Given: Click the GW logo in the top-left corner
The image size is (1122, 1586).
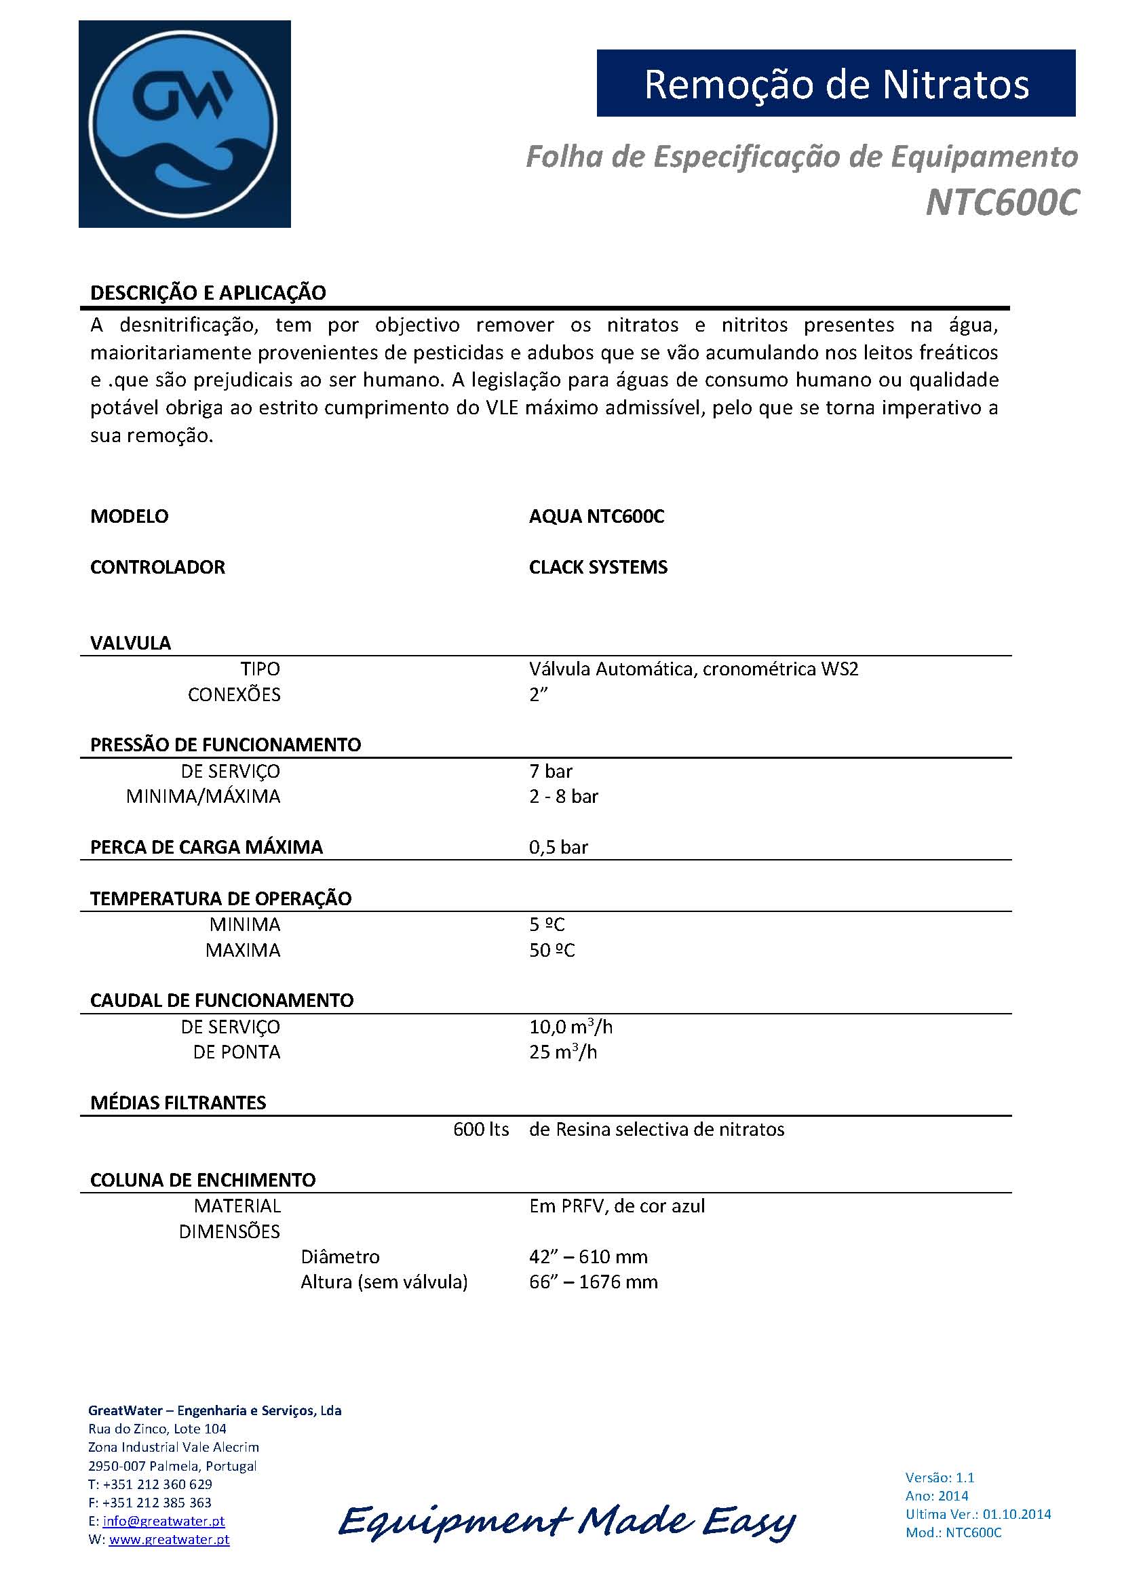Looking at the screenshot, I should pos(185,124).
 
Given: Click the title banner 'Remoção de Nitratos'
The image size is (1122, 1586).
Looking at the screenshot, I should pos(836,83).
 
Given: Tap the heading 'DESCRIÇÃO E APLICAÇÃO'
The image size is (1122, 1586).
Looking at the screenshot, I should pos(208,293).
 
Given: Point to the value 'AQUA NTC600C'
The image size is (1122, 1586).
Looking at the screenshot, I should pos(596,517).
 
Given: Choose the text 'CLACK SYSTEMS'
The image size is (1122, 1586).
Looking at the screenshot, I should pos(598,567).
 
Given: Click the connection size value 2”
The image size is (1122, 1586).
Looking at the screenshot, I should pos(538,695).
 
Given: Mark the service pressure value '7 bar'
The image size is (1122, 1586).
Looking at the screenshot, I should pos(551,771).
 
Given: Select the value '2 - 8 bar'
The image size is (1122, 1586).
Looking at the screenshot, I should pos(564,797).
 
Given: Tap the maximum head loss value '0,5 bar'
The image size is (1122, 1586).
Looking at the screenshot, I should pos(558,848).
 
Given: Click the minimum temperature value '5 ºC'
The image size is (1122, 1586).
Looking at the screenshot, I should pos(547,924).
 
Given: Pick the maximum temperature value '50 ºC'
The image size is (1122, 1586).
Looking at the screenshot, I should pos(552,951).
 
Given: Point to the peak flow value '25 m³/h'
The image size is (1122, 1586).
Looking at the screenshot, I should pos(563,1052).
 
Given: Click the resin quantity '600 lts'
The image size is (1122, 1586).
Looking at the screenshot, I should pos(481,1130).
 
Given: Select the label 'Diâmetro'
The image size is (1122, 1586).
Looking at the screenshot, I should pos(340,1256).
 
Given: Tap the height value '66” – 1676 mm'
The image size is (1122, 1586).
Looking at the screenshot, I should pos(594,1282).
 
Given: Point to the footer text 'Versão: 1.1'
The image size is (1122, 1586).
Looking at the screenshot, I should pos(940,1478).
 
